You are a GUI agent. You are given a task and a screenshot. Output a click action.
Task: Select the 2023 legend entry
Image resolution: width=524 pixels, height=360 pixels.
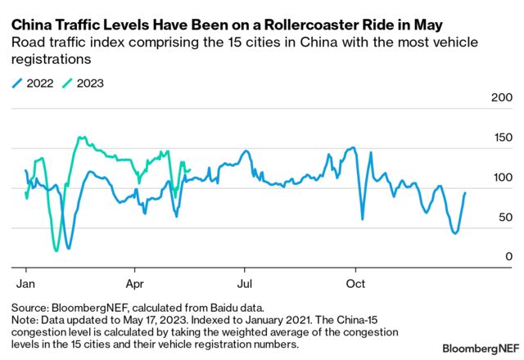(88, 82)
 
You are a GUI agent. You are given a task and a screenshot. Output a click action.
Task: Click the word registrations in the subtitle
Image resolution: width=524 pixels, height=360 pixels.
(47, 60)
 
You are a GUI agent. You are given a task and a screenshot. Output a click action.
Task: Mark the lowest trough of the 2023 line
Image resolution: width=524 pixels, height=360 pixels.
(56, 250)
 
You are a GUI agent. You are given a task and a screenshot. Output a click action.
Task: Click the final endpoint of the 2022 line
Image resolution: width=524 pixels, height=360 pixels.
(466, 193)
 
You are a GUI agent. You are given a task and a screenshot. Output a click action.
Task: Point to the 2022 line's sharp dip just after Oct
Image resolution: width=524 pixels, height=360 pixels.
(363, 218)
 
